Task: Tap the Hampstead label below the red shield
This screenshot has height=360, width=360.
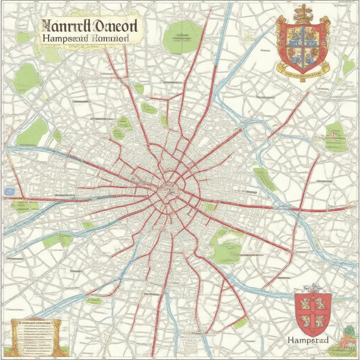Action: (x=308, y=340)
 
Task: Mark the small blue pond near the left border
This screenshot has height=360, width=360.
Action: (x=10, y=192)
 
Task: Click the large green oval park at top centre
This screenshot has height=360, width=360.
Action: (x=182, y=37)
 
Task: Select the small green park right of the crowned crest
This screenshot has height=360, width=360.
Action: (x=348, y=67)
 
